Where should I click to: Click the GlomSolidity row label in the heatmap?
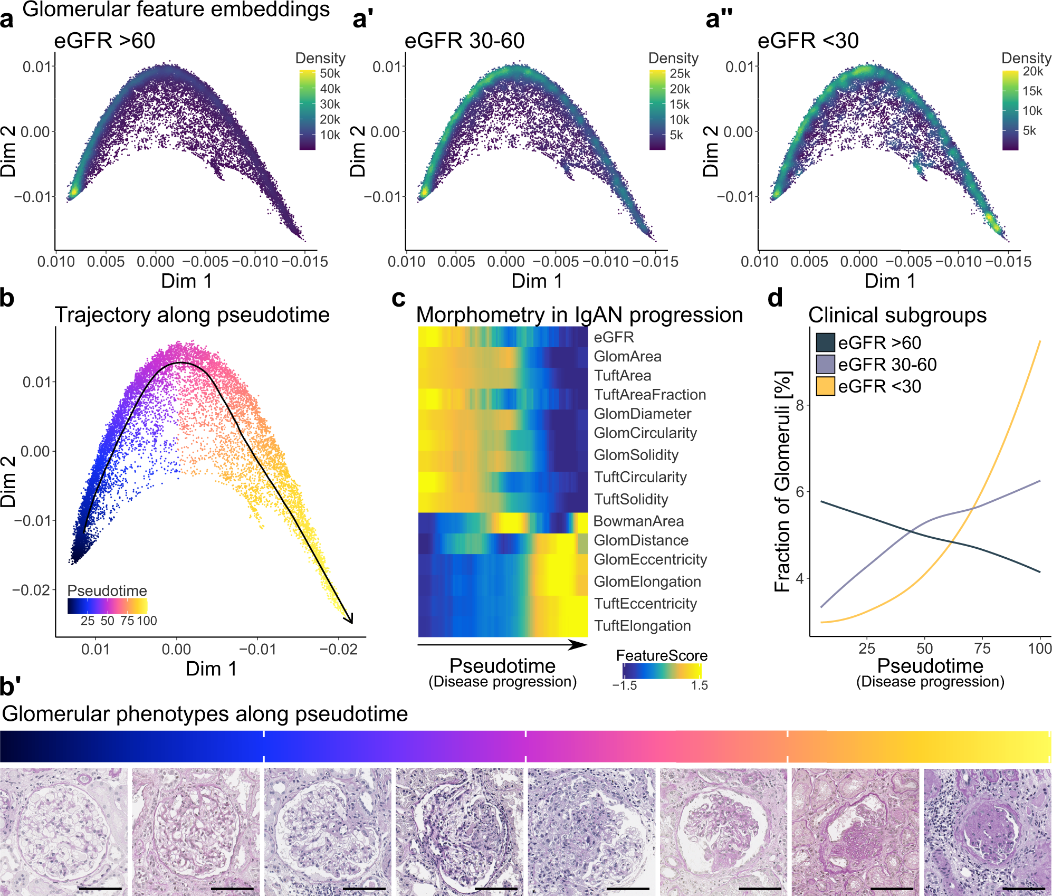click(x=636, y=455)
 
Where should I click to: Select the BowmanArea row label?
click(x=638, y=521)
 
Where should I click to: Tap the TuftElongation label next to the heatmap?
click(x=642, y=626)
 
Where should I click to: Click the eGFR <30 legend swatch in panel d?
click(x=825, y=386)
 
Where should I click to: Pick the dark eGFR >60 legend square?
click(x=825, y=342)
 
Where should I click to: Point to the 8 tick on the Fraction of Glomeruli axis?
click(x=800, y=405)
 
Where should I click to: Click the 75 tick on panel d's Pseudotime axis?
click(x=982, y=649)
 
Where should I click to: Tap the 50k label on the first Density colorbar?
click(x=330, y=73)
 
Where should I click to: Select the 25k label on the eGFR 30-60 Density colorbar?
click(x=680, y=73)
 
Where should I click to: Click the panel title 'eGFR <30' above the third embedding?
click(x=808, y=41)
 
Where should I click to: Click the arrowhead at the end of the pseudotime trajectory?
click(x=350, y=619)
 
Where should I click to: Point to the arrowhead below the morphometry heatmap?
click(x=580, y=645)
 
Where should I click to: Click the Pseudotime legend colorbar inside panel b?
click(x=107, y=606)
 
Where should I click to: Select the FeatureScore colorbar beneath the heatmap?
click(x=662, y=671)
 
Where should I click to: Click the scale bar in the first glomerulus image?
click(x=100, y=889)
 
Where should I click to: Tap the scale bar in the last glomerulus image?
click(x=1023, y=889)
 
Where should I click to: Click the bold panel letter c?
click(x=398, y=299)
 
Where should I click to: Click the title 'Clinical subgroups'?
click(x=897, y=315)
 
